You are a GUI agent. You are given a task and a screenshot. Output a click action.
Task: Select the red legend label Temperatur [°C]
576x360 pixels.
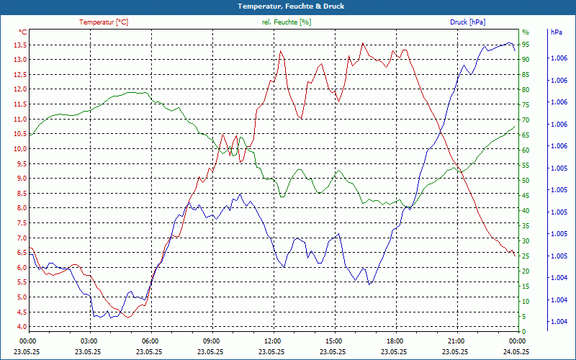click(x=104, y=22)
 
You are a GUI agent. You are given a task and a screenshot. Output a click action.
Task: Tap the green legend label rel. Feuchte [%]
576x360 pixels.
click(x=287, y=22)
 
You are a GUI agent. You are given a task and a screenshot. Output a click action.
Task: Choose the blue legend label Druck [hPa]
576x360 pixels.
click(x=467, y=22)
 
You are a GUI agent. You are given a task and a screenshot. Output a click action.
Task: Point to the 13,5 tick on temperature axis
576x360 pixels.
click(x=19, y=45)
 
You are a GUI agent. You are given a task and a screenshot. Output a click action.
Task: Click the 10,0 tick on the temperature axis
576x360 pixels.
click(x=19, y=149)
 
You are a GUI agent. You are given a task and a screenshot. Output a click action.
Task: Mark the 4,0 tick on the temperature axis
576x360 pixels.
click(x=20, y=327)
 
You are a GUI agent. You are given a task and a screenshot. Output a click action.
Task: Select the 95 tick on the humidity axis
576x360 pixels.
click(x=526, y=45)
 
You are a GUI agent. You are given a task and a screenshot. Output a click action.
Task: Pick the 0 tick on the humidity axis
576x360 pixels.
click(x=524, y=332)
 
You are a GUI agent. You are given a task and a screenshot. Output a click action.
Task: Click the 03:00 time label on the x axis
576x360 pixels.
click(x=89, y=341)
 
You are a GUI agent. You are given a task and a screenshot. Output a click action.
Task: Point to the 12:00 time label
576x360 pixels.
click(x=273, y=341)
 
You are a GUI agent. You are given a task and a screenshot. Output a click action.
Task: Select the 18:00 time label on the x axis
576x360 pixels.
click(x=395, y=341)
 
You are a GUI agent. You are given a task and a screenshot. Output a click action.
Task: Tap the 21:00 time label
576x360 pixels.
click(x=456, y=341)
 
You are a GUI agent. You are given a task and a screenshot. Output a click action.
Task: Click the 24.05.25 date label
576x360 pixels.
click(x=516, y=351)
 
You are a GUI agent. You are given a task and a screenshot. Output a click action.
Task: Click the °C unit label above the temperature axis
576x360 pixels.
click(x=23, y=32)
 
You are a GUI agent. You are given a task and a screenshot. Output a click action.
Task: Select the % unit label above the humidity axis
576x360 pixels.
click(x=525, y=32)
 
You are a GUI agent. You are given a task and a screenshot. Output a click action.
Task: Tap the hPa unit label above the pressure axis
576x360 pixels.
click(x=557, y=32)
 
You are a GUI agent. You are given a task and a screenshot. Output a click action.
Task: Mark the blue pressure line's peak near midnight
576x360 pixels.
click(x=509, y=43)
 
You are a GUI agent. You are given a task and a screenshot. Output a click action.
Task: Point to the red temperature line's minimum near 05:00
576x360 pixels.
click(x=128, y=317)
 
